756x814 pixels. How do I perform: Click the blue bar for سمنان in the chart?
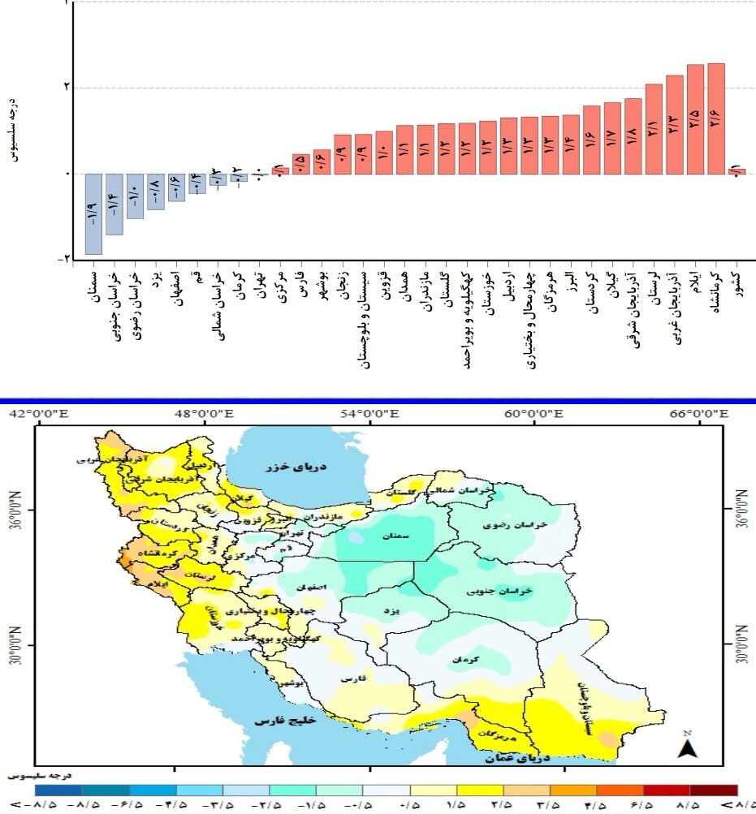[x=93, y=214]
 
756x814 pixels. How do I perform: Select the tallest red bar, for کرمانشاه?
[x=715, y=118]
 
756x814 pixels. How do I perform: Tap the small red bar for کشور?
[x=737, y=171]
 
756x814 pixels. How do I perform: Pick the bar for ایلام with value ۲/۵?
[x=695, y=119]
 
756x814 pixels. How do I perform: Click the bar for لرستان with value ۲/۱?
[x=654, y=129]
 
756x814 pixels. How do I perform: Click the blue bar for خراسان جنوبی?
[x=114, y=205]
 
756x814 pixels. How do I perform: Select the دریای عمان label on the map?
[x=516, y=759]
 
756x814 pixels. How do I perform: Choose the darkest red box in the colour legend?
[x=713, y=790]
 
